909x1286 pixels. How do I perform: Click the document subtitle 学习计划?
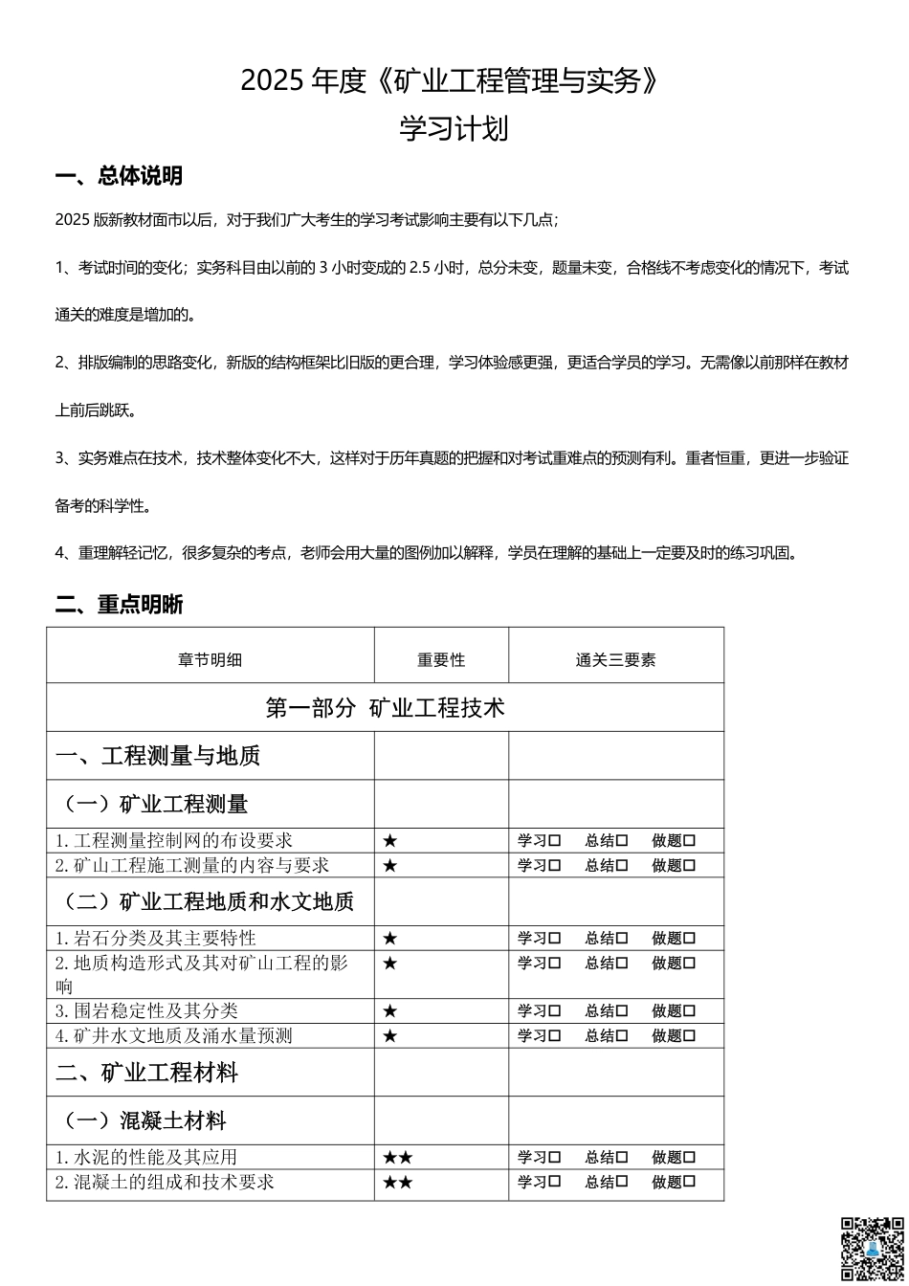click(454, 129)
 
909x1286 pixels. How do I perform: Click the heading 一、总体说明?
click(119, 176)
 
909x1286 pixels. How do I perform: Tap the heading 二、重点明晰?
click(119, 604)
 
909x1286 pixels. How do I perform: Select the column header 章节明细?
click(210, 659)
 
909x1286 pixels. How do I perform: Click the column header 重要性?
click(441, 659)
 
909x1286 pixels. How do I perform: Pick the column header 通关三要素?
click(615, 659)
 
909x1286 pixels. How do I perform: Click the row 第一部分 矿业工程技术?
click(385, 708)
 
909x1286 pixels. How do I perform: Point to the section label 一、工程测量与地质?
click(158, 756)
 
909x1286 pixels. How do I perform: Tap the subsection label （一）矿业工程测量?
click(156, 804)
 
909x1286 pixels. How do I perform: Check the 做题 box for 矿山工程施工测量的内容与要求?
click(690, 866)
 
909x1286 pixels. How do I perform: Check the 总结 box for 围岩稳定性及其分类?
click(622, 1011)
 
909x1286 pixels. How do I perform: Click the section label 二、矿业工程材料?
click(146, 1073)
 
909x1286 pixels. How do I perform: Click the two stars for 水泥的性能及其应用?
click(397, 1158)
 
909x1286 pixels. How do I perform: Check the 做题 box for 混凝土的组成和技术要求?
click(690, 1183)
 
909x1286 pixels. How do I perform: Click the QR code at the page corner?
click(872, 1249)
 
